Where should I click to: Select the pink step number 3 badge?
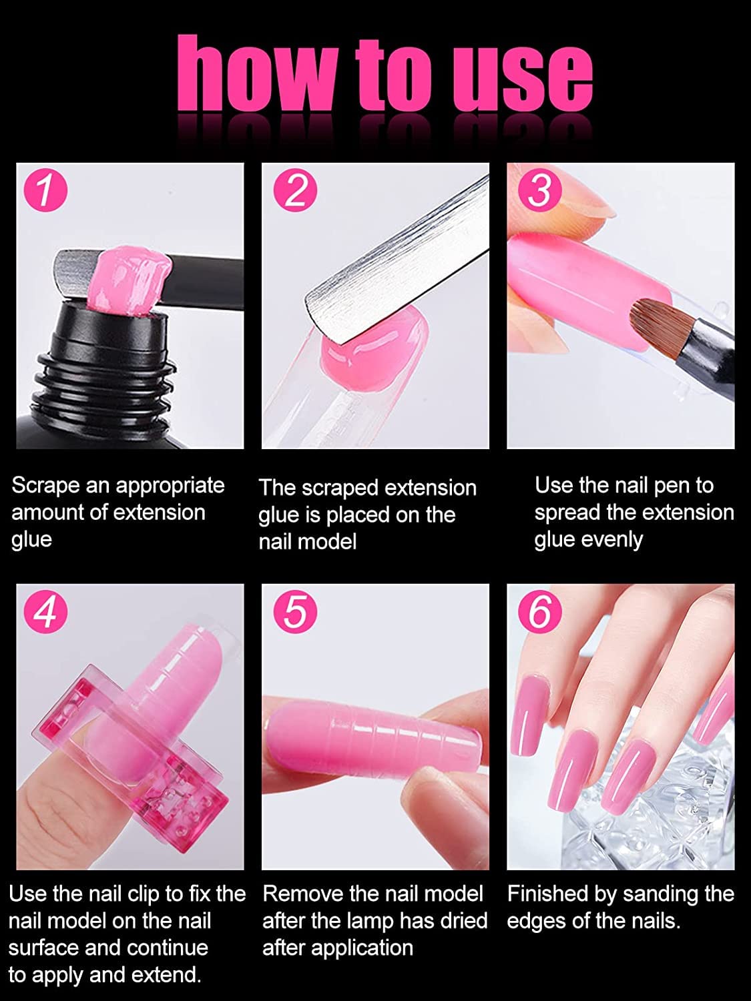pyautogui.click(x=539, y=190)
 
